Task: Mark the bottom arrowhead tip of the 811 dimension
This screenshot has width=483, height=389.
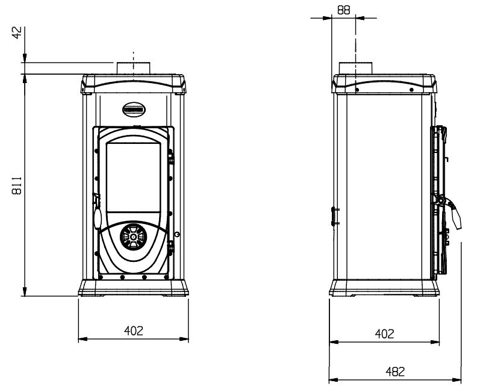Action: [x=25, y=296]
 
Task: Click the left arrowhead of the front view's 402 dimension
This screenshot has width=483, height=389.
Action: [x=83, y=339]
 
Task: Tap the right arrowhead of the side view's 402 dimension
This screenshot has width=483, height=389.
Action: [x=435, y=342]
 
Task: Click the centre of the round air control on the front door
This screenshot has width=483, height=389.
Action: [x=133, y=237]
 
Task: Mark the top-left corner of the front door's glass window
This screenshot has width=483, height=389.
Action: [x=107, y=143]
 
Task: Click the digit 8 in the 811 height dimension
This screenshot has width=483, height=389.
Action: [x=17, y=191]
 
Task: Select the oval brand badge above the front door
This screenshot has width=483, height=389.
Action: [x=134, y=110]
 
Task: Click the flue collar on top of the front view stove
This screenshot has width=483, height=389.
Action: [x=133, y=68]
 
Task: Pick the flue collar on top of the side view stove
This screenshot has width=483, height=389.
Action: [x=355, y=68]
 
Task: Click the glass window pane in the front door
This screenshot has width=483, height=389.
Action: [x=133, y=178]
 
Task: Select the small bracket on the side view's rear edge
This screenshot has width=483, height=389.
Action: [x=335, y=216]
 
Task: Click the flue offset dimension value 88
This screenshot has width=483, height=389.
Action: [x=343, y=10]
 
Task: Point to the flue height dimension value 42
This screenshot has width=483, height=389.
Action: [x=17, y=33]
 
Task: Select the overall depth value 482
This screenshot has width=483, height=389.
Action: [x=395, y=372]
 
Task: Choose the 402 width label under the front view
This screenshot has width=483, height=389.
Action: [x=134, y=331]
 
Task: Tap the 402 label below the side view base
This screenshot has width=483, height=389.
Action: [x=384, y=334]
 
